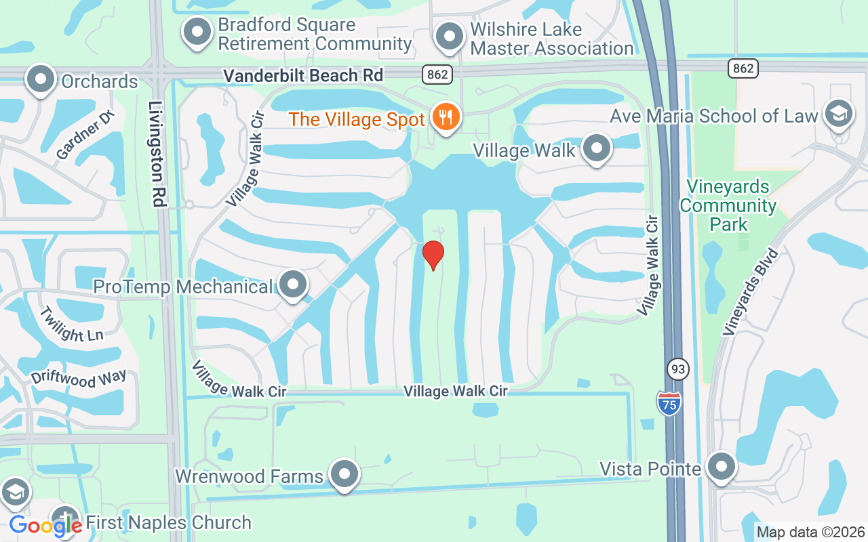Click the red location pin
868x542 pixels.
click(433, 254)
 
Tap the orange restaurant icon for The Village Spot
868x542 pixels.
click(446, 117)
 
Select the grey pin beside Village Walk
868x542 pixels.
click(597, 148)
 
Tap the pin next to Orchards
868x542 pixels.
click(41, 79)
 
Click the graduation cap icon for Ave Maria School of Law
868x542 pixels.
click(839, 114)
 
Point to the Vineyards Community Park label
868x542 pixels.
click(728, 205)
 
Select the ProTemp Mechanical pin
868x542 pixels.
click(293, 285)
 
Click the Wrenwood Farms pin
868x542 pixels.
click(344, 474)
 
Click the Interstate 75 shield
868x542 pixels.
click(669, 402)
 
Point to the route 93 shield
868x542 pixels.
click(677, 369)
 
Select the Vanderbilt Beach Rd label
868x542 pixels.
click(304, 75)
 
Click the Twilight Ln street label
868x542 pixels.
click(71, 325)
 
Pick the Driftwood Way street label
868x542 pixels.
click(79, 378)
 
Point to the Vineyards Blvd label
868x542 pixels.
click(751, 292)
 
